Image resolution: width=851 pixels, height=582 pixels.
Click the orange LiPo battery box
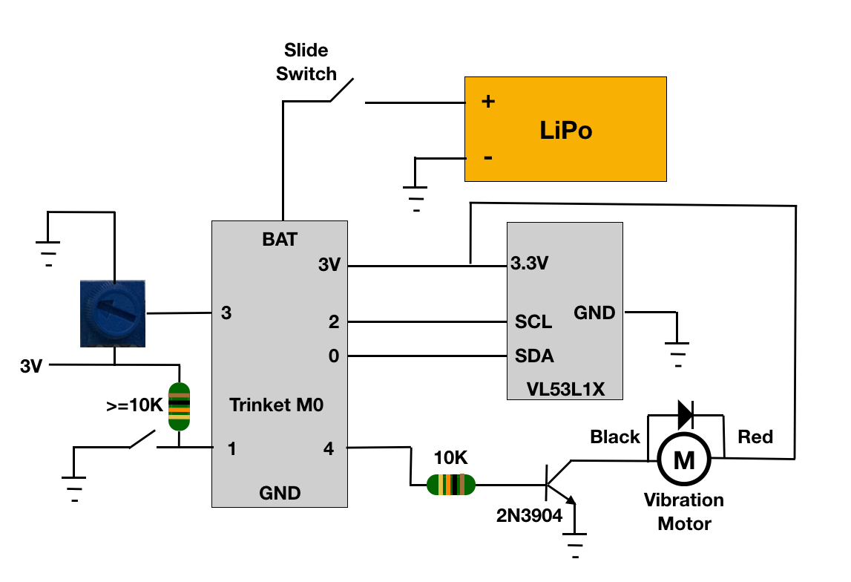[565, 129]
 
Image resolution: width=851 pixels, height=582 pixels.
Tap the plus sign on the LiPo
[488, 102]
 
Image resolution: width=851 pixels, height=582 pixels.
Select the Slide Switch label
[306, 62]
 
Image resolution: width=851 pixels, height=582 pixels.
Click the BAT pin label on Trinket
[280, 239]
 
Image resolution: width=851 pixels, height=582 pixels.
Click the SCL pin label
[533, 322]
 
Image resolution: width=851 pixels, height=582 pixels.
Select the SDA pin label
[534, 356]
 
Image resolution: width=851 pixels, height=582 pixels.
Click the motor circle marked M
[683, 460]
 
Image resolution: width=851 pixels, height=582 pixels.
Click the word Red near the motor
[755, 436]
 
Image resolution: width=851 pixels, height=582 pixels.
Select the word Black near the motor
[615, 436]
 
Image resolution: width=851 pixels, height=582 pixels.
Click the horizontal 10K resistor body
[451, 485]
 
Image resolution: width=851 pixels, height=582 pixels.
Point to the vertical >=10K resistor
[179, 406]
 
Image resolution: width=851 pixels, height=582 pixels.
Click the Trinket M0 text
[276, 405]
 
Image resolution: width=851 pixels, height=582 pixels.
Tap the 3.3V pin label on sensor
[529, 264]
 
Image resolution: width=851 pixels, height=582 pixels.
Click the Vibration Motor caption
[684, 511]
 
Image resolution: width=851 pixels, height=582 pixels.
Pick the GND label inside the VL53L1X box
[594, 313]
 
